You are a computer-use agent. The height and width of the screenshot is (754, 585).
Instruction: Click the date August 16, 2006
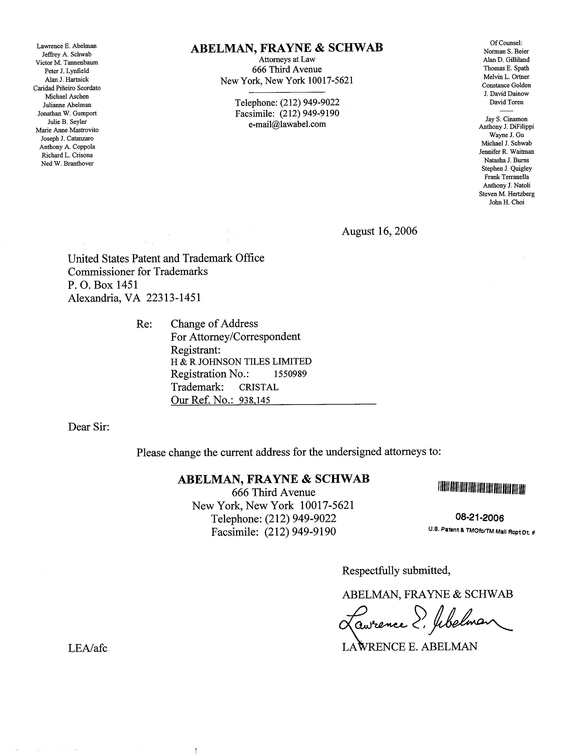point(379,231)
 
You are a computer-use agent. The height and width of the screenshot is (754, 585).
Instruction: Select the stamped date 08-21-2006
point(479,518)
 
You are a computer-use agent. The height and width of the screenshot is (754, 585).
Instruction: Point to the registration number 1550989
point(290,374)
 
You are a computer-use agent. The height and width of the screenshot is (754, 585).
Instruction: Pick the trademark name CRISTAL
point(259,387)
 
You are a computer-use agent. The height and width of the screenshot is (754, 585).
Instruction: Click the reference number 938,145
point(255,400)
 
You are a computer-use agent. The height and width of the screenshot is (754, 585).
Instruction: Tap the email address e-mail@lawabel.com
point(287,124)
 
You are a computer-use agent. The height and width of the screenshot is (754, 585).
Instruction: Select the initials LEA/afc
point(88,648)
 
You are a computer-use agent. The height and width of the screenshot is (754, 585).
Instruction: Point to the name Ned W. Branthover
point(67,164)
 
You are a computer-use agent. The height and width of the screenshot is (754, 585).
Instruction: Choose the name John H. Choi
point(506,202)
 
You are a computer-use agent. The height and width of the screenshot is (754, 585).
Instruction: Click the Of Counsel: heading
point(506,43)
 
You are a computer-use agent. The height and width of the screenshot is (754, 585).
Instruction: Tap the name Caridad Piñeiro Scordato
point(67,88)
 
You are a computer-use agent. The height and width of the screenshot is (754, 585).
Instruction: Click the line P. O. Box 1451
point(103,285)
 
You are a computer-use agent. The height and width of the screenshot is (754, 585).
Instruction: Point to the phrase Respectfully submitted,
point(396,571)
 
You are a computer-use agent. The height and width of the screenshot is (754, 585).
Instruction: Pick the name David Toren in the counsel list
point(506,102)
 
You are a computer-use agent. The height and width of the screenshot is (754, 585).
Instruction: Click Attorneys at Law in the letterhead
point(287,59)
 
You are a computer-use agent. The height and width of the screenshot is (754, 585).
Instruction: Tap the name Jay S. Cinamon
point(506,119)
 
